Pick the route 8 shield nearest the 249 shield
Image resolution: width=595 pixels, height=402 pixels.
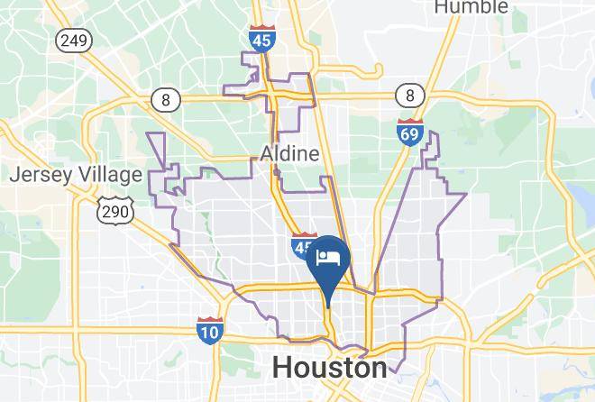pyautogui.click(x=165, y=100)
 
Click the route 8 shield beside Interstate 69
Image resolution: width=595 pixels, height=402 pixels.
pyautogui.click(x=409, y=95)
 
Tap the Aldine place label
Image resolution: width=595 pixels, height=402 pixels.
pyautogui.click(x=289, y=154)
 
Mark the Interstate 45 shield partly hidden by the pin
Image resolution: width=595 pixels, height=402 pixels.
pyautogui.click(x=302, y=246)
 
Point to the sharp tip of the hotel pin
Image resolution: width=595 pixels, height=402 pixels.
pyautogui.click(x=328, y=307)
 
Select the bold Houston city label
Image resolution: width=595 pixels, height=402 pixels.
pyautogui.click(x=329, y=368)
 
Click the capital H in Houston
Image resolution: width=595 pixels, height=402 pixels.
pyautogui.click(x=281, y=368)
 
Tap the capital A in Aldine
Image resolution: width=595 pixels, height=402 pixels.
pyautogui.click(x=267, y=154)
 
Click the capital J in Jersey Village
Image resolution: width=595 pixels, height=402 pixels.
pyautogui.click(x=14, y=175)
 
